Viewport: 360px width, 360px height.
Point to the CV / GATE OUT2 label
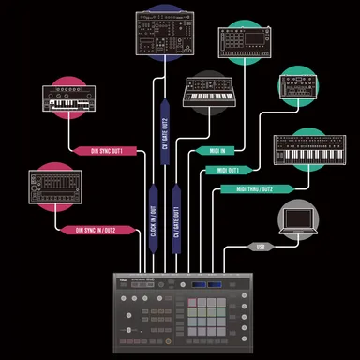pyautogui.click(x=165, y=131)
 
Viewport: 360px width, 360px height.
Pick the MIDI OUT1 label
pyautogui.click(x=228, y=170)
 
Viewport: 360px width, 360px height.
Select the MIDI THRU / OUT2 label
pyautogui.click(x=247, y=188)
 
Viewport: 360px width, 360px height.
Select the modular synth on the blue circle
pyautogui.click(x=169, y=35)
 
